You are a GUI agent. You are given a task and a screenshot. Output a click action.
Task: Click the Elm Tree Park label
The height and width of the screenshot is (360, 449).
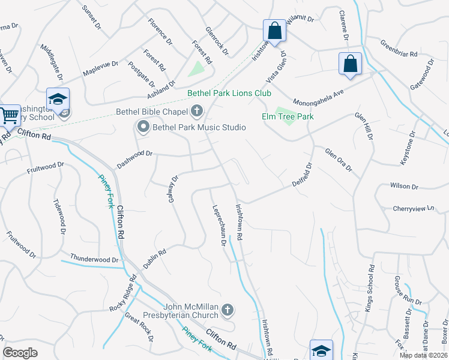coord(288,116)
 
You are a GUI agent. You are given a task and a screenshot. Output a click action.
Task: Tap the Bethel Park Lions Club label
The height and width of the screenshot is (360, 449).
coord(229,93)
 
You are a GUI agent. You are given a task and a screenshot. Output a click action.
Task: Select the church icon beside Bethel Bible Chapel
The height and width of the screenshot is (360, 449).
coord(196,110)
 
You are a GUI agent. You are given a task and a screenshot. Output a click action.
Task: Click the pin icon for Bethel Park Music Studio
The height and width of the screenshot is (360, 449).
coord(143,127)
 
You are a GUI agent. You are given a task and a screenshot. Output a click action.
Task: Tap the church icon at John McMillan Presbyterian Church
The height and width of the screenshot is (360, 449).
coord(227,310)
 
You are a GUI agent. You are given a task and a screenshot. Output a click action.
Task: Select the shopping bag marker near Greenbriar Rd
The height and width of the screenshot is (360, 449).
coord(350,64)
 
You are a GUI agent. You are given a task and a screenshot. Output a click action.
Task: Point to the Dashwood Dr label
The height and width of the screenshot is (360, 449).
coord(135,154)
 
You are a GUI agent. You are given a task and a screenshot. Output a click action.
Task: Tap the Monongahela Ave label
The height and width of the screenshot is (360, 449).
coord(318,97)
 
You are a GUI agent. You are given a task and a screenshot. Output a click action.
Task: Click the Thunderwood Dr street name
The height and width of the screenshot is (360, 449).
coord(95,259)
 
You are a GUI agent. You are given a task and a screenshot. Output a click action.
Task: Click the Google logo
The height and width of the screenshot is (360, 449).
coord(20,353)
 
